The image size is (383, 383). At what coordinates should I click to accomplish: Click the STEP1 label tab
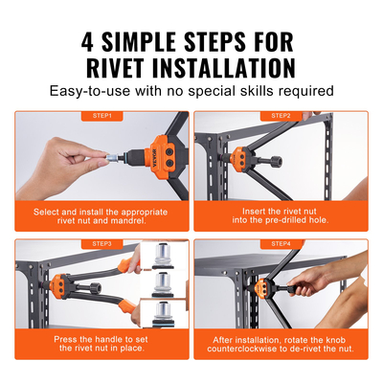[102, 116]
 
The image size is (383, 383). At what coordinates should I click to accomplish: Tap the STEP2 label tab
[281, 116]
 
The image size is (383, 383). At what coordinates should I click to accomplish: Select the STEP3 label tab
[102, 243]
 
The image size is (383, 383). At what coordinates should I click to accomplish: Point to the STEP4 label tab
[281, 243]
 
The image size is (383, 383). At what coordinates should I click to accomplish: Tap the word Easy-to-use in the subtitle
[88, 92]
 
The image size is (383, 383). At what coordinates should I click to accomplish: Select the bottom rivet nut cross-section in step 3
[162, 313]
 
